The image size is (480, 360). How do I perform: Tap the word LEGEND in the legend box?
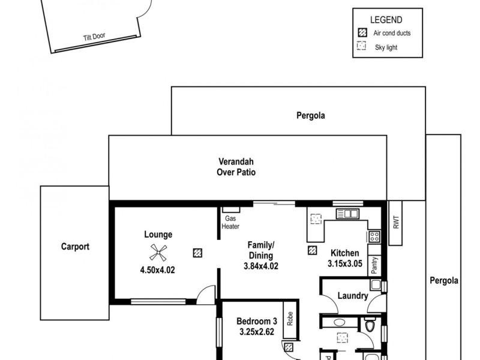pyautogui.click(x=386, y=20)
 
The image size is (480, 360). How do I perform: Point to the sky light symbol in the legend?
pyautogui.click(x=361, y=47)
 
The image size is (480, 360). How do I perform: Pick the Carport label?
pyautogui.click(x=75, y=246)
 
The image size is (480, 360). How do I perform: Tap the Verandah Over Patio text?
pyautogui.click(x=236, y=167)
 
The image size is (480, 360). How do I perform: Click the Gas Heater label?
pyautogui.click(x=231, y=223)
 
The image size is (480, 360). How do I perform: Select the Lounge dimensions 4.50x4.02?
pyautogui.click(x=158, y=269)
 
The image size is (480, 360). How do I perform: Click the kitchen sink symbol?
pyautogui.click(x=347, y=213)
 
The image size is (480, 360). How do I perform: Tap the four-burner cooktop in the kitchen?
pyautogui.click(x=374, y=236)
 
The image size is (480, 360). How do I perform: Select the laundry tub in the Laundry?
pyautogui.click(x=376, y=286)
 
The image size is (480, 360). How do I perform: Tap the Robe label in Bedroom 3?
pyautogui.click(x=289, y=317)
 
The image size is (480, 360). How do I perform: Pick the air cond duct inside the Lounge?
pyautogui.click(x=197, y=253)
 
